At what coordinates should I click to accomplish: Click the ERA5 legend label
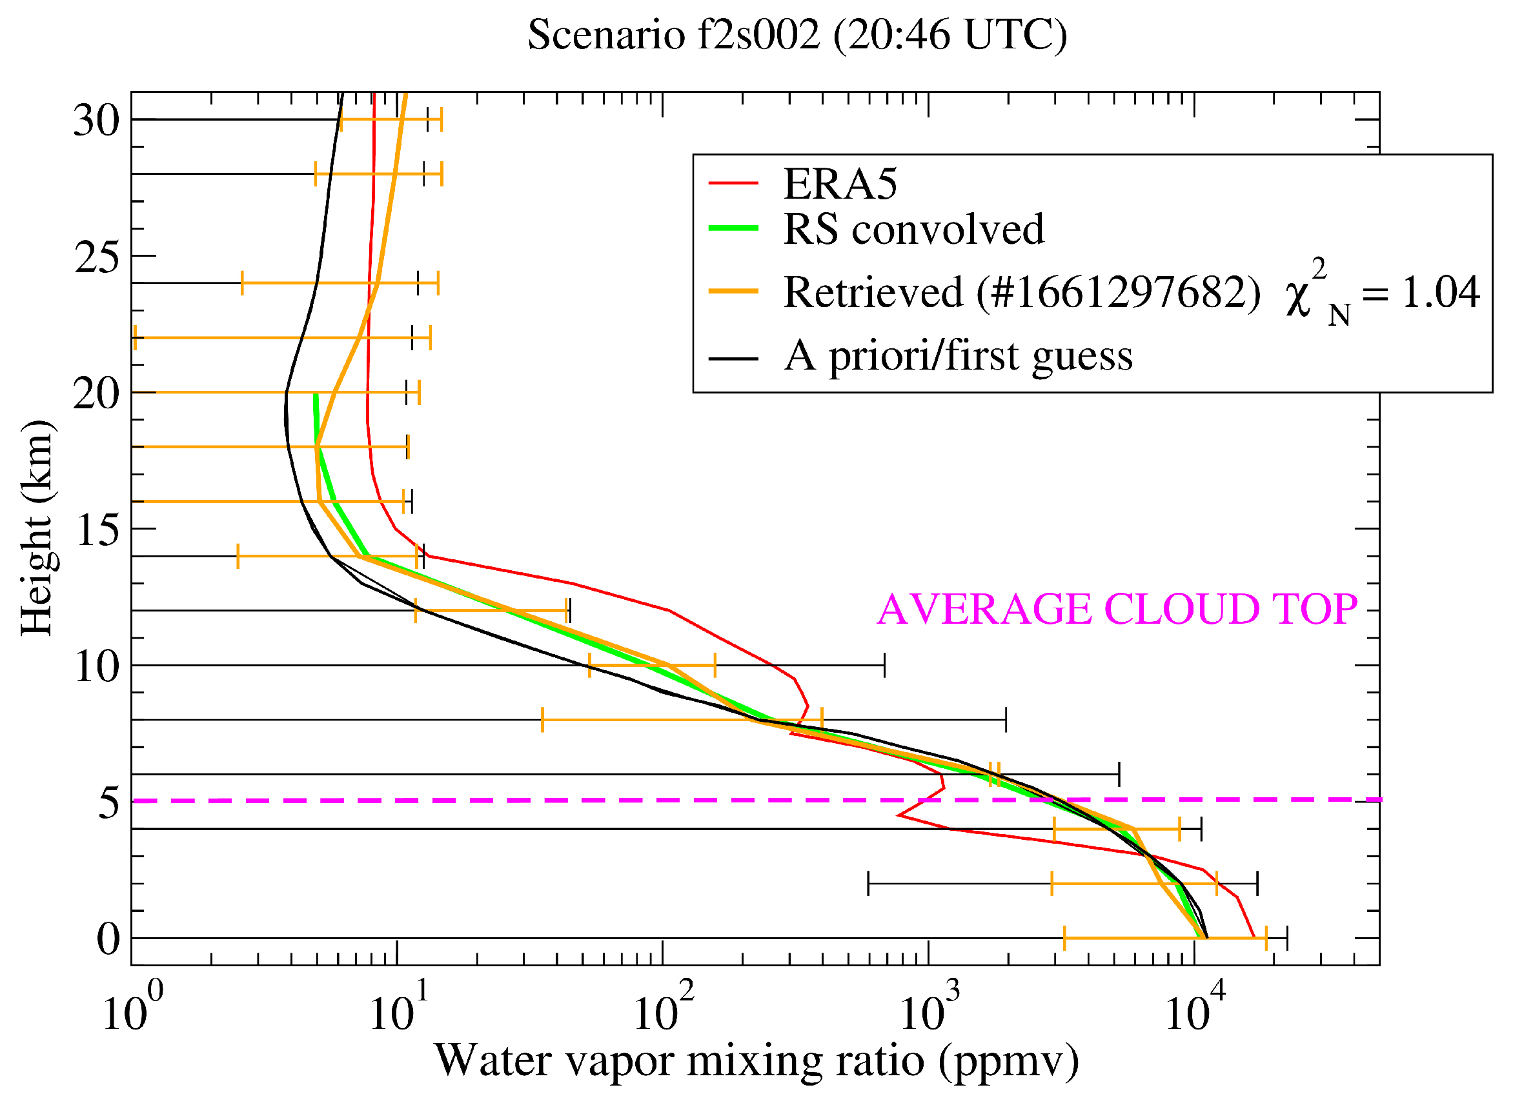click(x=840, y=184)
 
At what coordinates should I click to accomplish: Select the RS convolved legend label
click(x=913, y=229)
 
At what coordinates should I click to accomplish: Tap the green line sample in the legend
click(x=733, y=229)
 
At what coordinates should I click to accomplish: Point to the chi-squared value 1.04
click(x=1439, y=292)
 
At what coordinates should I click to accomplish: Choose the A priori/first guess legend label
click(x=958, y=355)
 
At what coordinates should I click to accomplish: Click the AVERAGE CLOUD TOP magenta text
click(x=1117, y=609)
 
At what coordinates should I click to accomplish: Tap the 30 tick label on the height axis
click(x=96, y=122)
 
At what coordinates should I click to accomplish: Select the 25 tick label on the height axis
click(x=96, y=259)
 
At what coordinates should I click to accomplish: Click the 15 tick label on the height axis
click(x=96, y=532)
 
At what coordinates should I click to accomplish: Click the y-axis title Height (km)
click(x=37, y=528)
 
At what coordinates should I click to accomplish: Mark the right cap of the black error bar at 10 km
click(x=884, y=666)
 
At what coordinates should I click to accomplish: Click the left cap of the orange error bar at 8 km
click(x=542, y=720)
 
